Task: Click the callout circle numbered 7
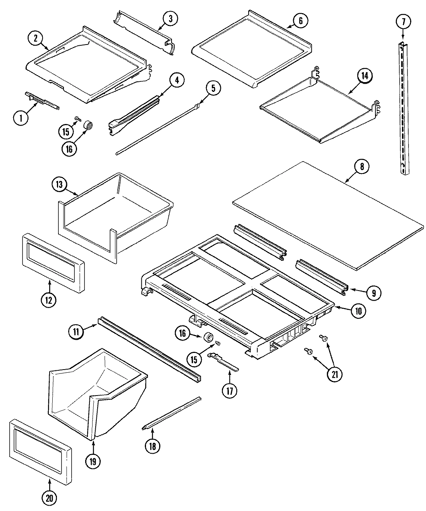[403, 22]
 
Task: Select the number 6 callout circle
[300, 21]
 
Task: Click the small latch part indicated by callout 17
[223, 360]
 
